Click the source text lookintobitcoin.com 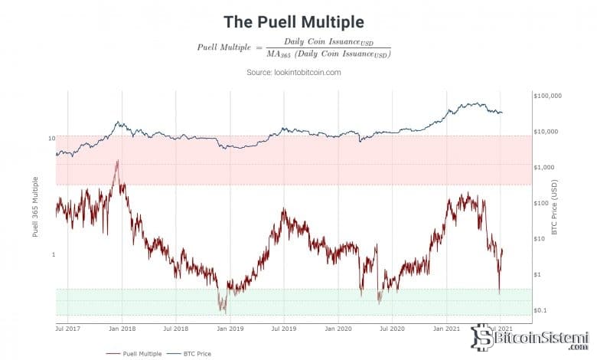[293, 72]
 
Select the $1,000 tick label [544, 167]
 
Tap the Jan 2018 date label [122, 328]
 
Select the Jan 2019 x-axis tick [231, 328]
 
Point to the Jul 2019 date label [285, 328]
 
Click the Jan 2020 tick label [339, 328]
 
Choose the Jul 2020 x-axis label [393, 328]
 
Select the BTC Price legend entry [193, 353]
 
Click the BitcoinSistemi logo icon [481, 337]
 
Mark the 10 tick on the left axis [51, 139]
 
